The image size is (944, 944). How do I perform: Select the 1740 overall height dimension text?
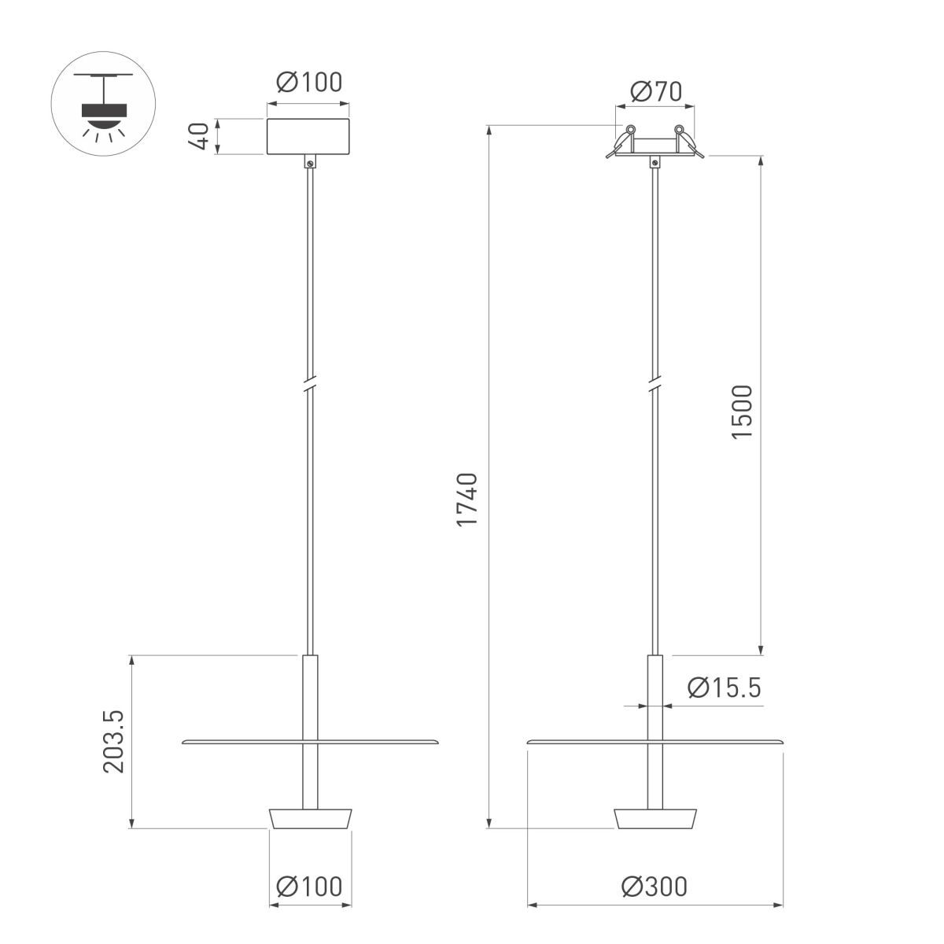[x=467, y=500]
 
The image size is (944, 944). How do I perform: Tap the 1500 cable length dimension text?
[x=741, y=412]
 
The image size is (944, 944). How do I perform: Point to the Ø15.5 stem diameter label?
[x=724, y=688]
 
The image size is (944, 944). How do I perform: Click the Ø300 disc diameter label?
[x=654, y=887]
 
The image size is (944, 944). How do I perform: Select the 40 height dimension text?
[x=200, y=137]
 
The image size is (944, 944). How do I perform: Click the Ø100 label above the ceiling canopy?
[x=309, y=83]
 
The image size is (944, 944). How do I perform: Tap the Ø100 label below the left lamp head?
[x=309, y=887]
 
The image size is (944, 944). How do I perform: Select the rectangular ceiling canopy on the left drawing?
[x=308, y=137]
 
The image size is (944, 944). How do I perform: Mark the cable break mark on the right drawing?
[x=655, y=384]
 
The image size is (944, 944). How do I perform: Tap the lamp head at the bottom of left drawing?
[x=310, y=818]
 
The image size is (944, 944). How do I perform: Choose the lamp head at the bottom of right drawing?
[x=655, y=818]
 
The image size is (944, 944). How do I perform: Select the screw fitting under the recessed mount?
[x=655, y=163]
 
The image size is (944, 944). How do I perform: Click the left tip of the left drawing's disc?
[x=184, y=741]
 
